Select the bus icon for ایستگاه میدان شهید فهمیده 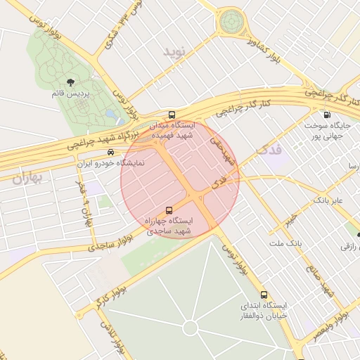(x=172, y=115)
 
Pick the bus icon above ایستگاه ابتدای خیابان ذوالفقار (x=264, y=295)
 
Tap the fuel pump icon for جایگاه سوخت (x=326, y=115)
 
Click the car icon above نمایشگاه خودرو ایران (x=110, y=151)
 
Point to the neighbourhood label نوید (x=176, y=51)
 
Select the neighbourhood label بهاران (x=27, y=178)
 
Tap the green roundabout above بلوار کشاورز (x=231, y=22)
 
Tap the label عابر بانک (x=328, y=200)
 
